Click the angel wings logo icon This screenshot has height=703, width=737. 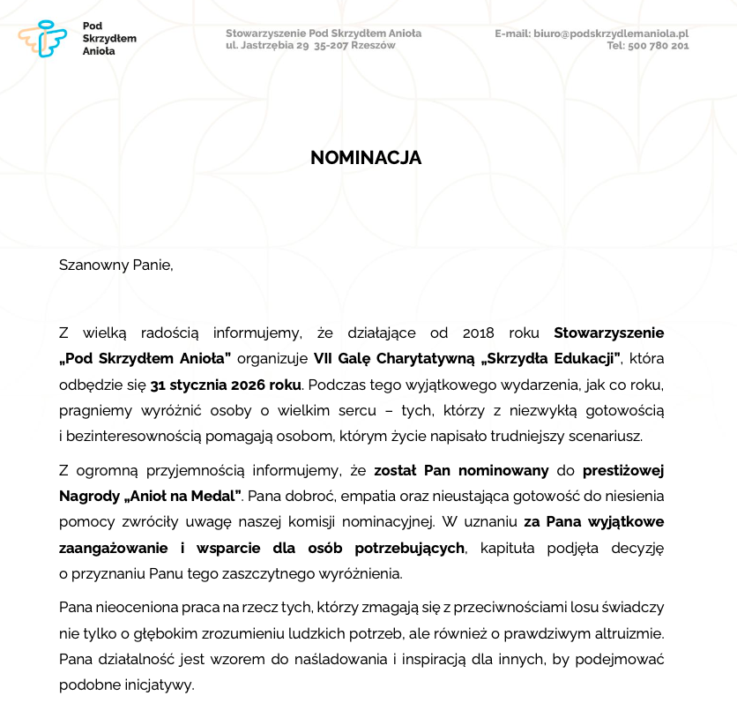(41, 40)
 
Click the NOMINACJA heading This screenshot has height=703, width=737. (366, 158)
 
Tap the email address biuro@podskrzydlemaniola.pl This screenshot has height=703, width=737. (611, 34)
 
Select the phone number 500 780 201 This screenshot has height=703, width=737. (659, 46)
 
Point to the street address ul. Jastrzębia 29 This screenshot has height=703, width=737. (266, 46)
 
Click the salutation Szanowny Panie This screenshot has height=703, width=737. (115, 264)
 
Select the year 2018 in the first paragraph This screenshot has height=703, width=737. (479, 333)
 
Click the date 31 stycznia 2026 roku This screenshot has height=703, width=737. (226, 385)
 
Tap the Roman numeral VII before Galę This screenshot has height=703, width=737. (325, 358)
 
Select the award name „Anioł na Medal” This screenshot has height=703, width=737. (187, 496)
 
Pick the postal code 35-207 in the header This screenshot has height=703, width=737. (331, 46)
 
